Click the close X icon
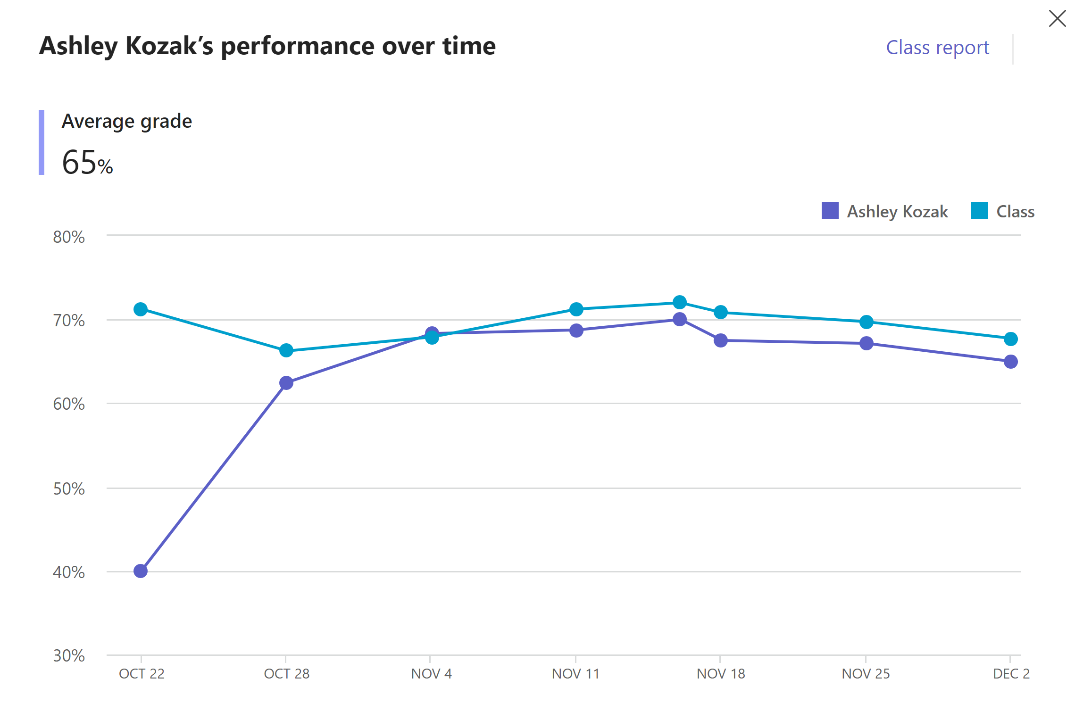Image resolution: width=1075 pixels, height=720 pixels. click(x=1057, y=18)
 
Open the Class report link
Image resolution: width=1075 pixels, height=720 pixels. click(x=937, y=48)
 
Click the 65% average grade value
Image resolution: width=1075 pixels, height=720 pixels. click(x=87, y=162)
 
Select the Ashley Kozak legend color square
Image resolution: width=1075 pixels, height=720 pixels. click(x=830, y=210)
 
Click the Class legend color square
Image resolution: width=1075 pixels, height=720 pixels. click(x=979, y=210)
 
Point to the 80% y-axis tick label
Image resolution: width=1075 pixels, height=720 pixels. click(x=69, y=237)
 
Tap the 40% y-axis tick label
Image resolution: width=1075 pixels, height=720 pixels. click(x=69, y=572)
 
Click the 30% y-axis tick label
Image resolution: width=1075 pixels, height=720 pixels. click(x=69, y=655)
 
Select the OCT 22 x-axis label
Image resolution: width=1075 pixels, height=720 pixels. click(x=142, y=673)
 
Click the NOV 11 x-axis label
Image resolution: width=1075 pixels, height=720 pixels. click(x=575, y=673)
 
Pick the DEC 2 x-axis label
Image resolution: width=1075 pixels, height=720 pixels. click(x=1011, y=673)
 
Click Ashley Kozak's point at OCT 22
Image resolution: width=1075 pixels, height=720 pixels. click(x=141, y=571)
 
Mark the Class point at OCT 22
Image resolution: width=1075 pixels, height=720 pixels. click(x=141, y=309)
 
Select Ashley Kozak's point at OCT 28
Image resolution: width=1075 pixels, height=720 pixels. click(x=286, y=383)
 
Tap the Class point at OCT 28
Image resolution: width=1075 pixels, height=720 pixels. click(x=286, y=350)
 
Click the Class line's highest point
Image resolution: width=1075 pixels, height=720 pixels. click(x=680, y=302)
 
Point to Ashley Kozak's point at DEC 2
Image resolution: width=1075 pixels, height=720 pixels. click(x=1011, y=362)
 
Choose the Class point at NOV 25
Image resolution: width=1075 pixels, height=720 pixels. click(x=867, y=322)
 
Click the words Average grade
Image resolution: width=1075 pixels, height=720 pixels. click(x=127, y=122)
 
